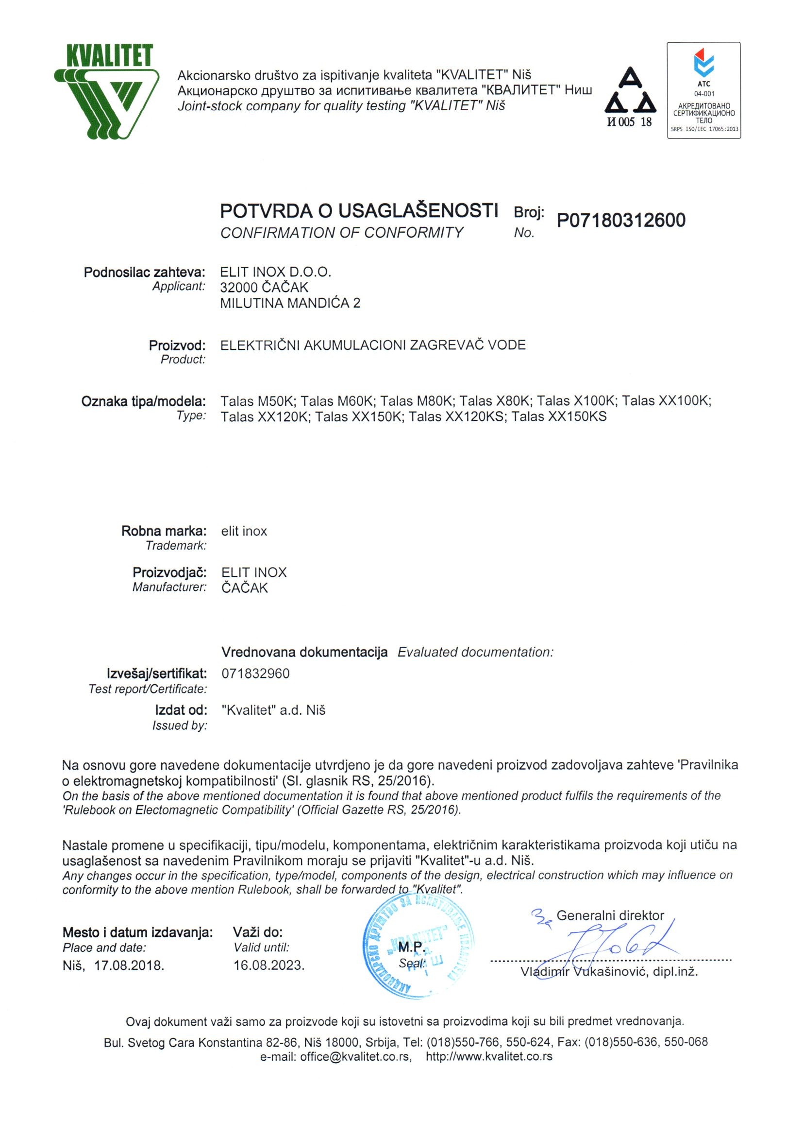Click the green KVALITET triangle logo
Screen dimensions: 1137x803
click(107, 92)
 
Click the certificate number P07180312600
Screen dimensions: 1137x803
click(621, 221)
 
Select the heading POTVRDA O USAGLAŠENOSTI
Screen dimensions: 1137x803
click(359, 211)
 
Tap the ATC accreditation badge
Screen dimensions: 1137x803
click(703, 90)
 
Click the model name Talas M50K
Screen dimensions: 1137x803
click(258, 401)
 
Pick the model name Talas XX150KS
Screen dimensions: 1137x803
click(559, 416)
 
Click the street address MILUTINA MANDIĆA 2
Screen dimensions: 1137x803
click(290, 303)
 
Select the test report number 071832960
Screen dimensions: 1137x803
click(255, 673)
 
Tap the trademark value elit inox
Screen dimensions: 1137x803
click(244, 532)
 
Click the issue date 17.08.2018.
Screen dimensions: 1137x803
click(129, 965)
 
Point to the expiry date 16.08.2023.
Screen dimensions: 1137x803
click(268, 965)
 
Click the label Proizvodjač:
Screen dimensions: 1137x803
click(169, 572)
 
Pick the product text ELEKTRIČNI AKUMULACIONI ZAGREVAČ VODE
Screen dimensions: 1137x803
click(372, 345)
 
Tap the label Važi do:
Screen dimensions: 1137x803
click(258, 932)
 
